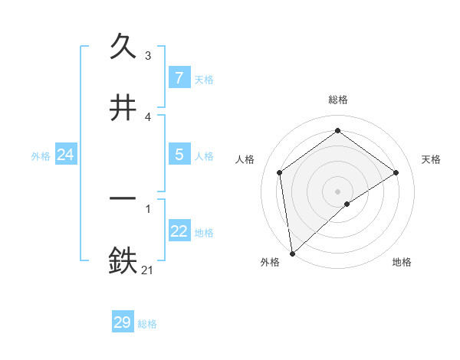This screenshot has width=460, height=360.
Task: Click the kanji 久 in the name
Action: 123,47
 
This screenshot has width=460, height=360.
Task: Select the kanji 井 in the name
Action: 123,108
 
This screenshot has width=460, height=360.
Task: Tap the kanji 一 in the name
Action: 123,198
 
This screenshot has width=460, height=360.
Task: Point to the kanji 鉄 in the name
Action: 123,260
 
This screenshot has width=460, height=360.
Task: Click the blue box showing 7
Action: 179,78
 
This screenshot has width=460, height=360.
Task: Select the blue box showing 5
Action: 179,155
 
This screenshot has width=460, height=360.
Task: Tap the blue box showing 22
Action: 179,231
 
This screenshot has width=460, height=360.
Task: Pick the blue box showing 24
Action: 66,155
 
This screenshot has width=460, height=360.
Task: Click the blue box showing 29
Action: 123,322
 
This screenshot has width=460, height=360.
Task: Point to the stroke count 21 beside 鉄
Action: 148,269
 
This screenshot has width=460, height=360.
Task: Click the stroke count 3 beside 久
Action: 148,56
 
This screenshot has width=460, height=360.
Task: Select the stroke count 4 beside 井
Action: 148,117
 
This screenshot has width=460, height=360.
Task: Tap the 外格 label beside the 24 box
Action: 41,156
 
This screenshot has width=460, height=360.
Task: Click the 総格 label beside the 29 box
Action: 147,324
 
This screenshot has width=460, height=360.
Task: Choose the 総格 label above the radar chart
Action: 338,100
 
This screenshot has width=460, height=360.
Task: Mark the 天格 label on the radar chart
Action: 431,159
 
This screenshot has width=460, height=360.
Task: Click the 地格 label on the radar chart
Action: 402,262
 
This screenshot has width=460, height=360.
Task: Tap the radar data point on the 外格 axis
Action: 291,254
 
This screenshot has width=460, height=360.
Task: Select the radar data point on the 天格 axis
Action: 396,172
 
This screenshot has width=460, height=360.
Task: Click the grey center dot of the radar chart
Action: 338,191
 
